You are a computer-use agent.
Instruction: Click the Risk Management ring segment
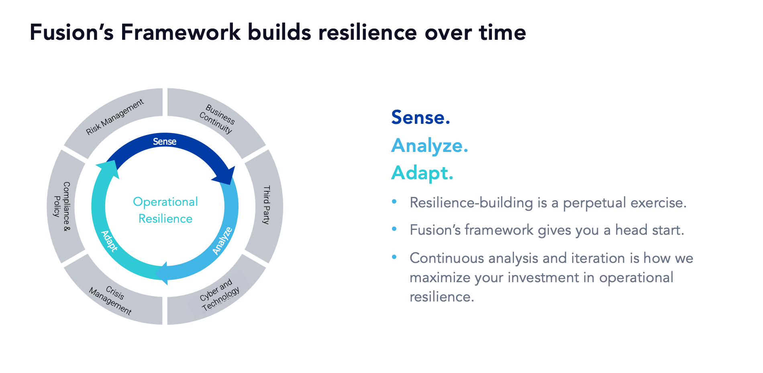[115, 117]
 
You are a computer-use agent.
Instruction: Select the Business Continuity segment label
[217, 119]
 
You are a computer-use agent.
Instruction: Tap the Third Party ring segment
[266, 205]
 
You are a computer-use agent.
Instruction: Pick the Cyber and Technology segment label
[220, 295]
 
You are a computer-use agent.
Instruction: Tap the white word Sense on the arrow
[165, 141]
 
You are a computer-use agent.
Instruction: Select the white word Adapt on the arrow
[109, 241]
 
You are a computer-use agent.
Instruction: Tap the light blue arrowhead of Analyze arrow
[163, 274]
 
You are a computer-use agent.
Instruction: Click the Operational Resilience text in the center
[165, 210]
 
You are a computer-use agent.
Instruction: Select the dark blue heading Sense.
[420, 117]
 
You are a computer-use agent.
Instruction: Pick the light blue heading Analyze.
[429, 146]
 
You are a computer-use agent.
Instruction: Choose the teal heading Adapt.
[422, 173]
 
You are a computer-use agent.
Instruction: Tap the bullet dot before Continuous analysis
[394, 257]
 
